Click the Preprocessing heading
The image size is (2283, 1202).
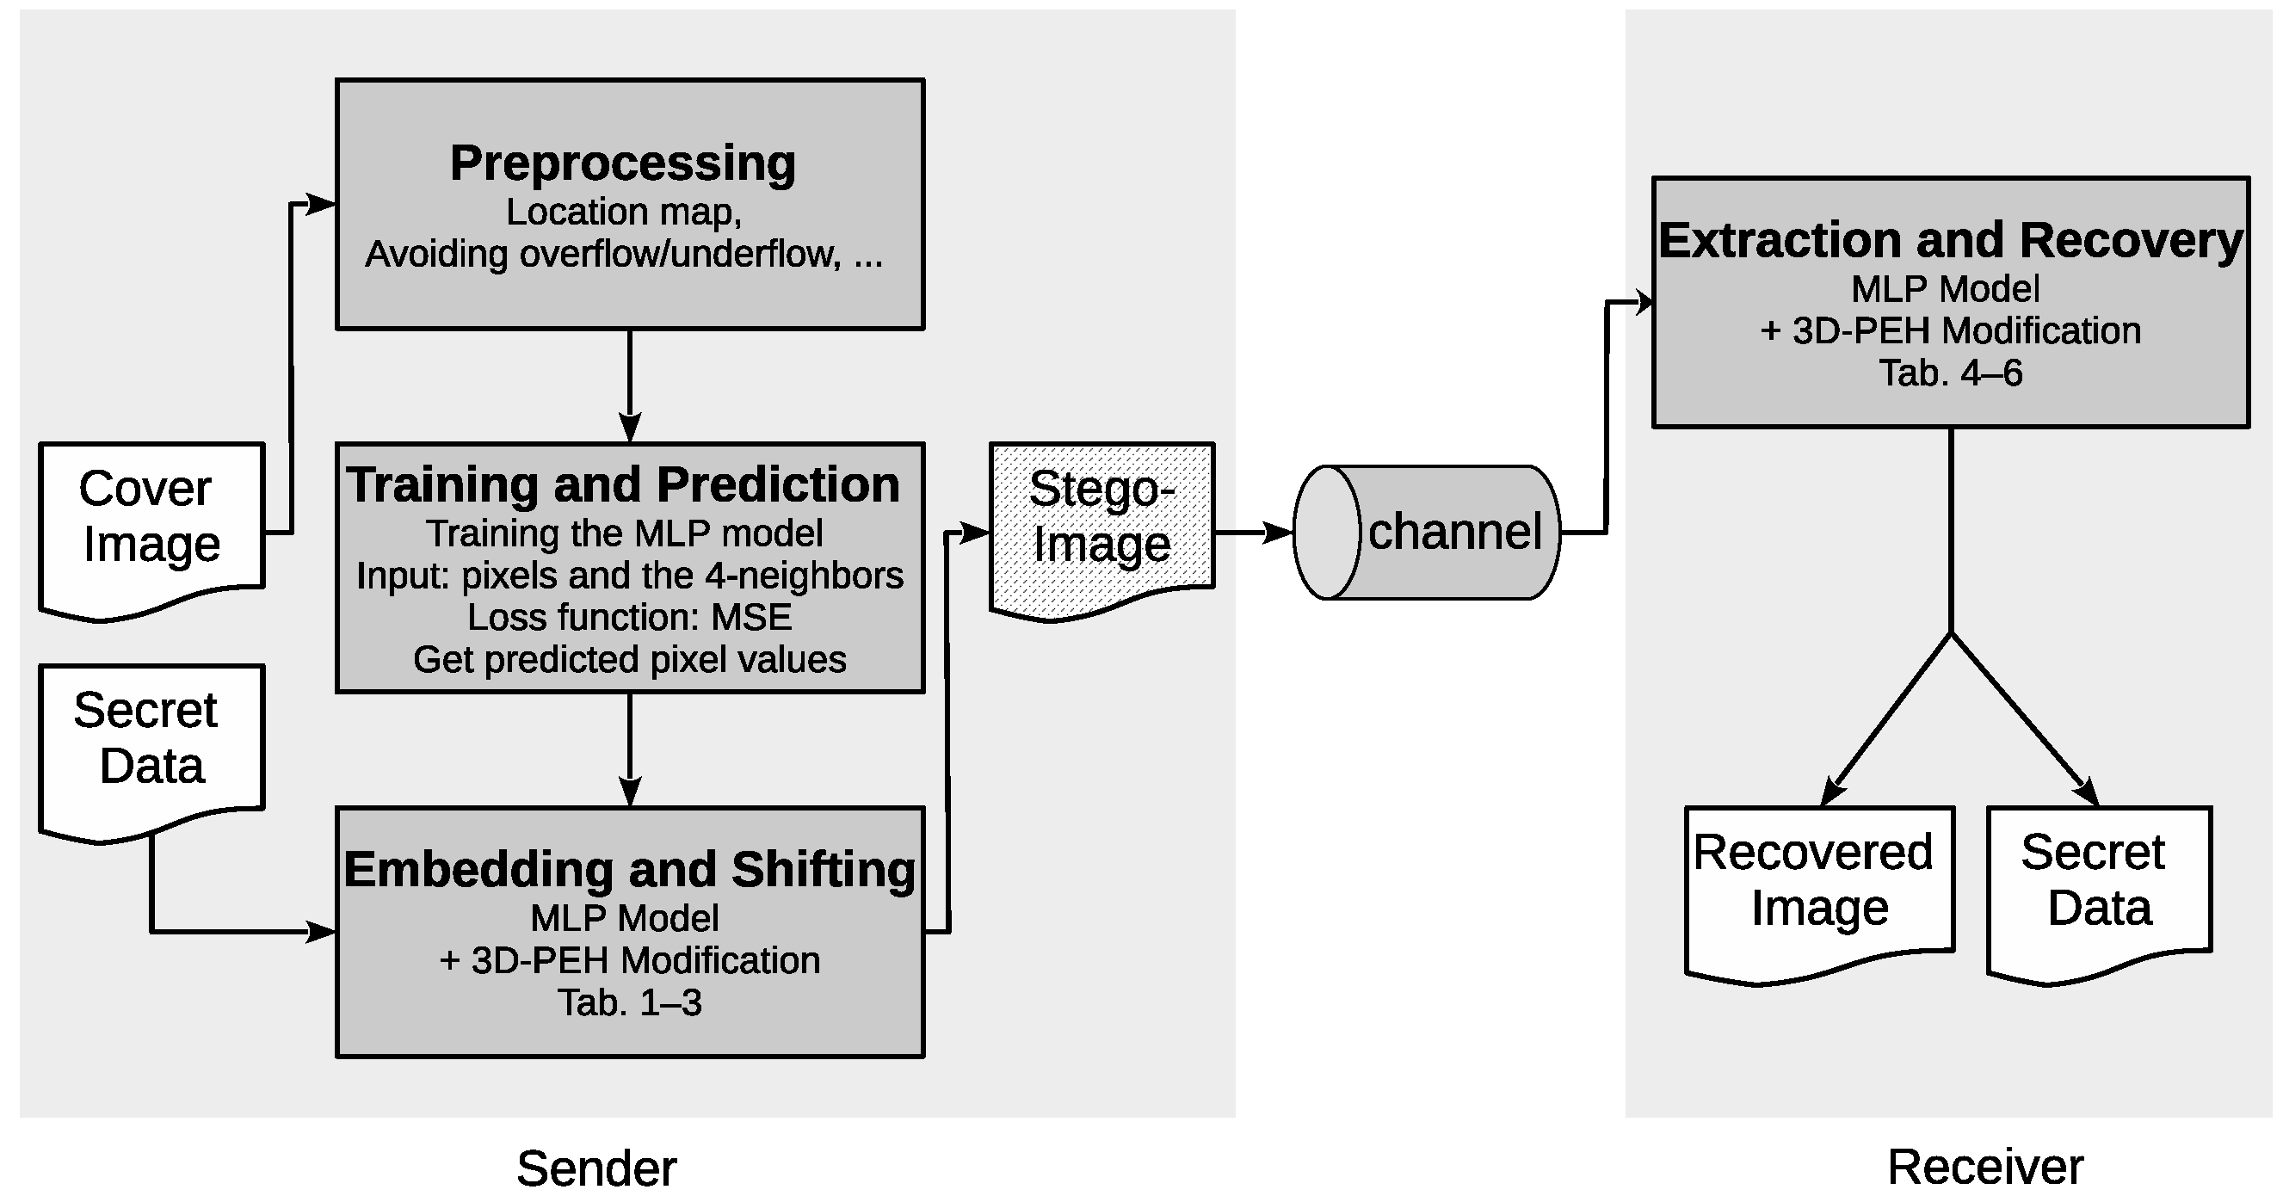[x=622, y=163]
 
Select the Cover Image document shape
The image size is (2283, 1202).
[x=151, y=523]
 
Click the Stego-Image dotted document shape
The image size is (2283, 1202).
[x=1101, y=523]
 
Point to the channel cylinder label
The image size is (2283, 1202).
[x=1454, y=532]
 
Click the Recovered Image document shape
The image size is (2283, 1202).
[x=1818, y=886]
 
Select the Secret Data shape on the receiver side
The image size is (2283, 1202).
[x=2099, y=886]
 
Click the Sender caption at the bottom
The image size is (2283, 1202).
[x=596, y=1168]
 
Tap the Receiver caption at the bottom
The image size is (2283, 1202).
[x=1984, y=1166]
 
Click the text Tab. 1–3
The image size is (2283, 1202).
[x=629, y=1002]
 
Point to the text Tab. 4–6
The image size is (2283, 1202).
[x=1950, y=373]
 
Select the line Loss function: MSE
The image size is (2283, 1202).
[x=629, y=617]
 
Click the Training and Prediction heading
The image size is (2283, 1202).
[x=623, y=485]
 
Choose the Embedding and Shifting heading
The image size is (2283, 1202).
[x=629, y=869]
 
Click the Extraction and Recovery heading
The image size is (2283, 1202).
[x=1950, y=240]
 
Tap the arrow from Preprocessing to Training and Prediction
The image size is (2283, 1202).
[x=629, y=385]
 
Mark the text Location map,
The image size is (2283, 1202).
[x=623, y=212]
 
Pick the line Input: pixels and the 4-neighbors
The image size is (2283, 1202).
[x=629, y=576]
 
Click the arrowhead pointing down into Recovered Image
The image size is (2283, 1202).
[x=1833, y=792]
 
